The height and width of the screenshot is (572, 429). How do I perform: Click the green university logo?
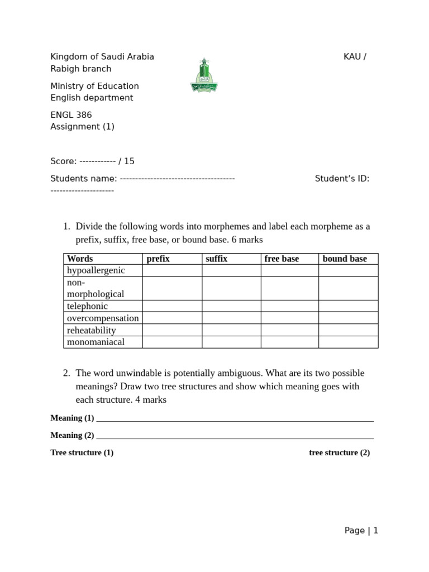click(x=204, y=75)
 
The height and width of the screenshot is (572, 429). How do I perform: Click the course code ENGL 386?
click(x=71, y=115)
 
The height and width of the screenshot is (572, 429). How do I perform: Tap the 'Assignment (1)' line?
click(x=82, y=126)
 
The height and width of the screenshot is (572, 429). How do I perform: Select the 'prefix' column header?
click(x=158, y=259)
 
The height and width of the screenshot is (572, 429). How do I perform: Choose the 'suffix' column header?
click(x=217, y=259)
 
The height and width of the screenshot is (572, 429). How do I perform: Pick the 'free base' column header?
click(x=282, y=259)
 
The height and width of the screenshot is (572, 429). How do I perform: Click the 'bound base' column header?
click(x=345, y=259)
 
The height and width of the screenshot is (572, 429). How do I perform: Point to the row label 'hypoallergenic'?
click(x=96, y=270)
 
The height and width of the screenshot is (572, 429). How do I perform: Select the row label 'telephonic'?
click(x=87, y=306)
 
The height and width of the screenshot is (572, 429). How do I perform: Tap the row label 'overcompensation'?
click(x=103, y=318)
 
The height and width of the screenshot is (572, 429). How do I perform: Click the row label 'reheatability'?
click(x=92, y=330)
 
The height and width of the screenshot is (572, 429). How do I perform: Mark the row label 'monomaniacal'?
click(x=96, y=342)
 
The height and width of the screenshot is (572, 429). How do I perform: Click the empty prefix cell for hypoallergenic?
click(x=172, y=270)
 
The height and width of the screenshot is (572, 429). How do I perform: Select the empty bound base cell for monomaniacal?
click(x=348, y=342)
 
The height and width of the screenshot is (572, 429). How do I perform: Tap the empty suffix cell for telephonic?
click(x=231, y=306)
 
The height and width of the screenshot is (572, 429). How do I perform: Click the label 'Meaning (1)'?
click(x=72, y=418)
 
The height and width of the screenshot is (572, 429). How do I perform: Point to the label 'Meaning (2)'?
click(x=72, y=435)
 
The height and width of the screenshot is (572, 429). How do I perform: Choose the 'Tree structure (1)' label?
click(x=82, y=452)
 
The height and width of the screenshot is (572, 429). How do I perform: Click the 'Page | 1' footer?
click(x=361, y=531)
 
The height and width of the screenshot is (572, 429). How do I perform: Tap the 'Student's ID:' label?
click(x=342, y=179)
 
